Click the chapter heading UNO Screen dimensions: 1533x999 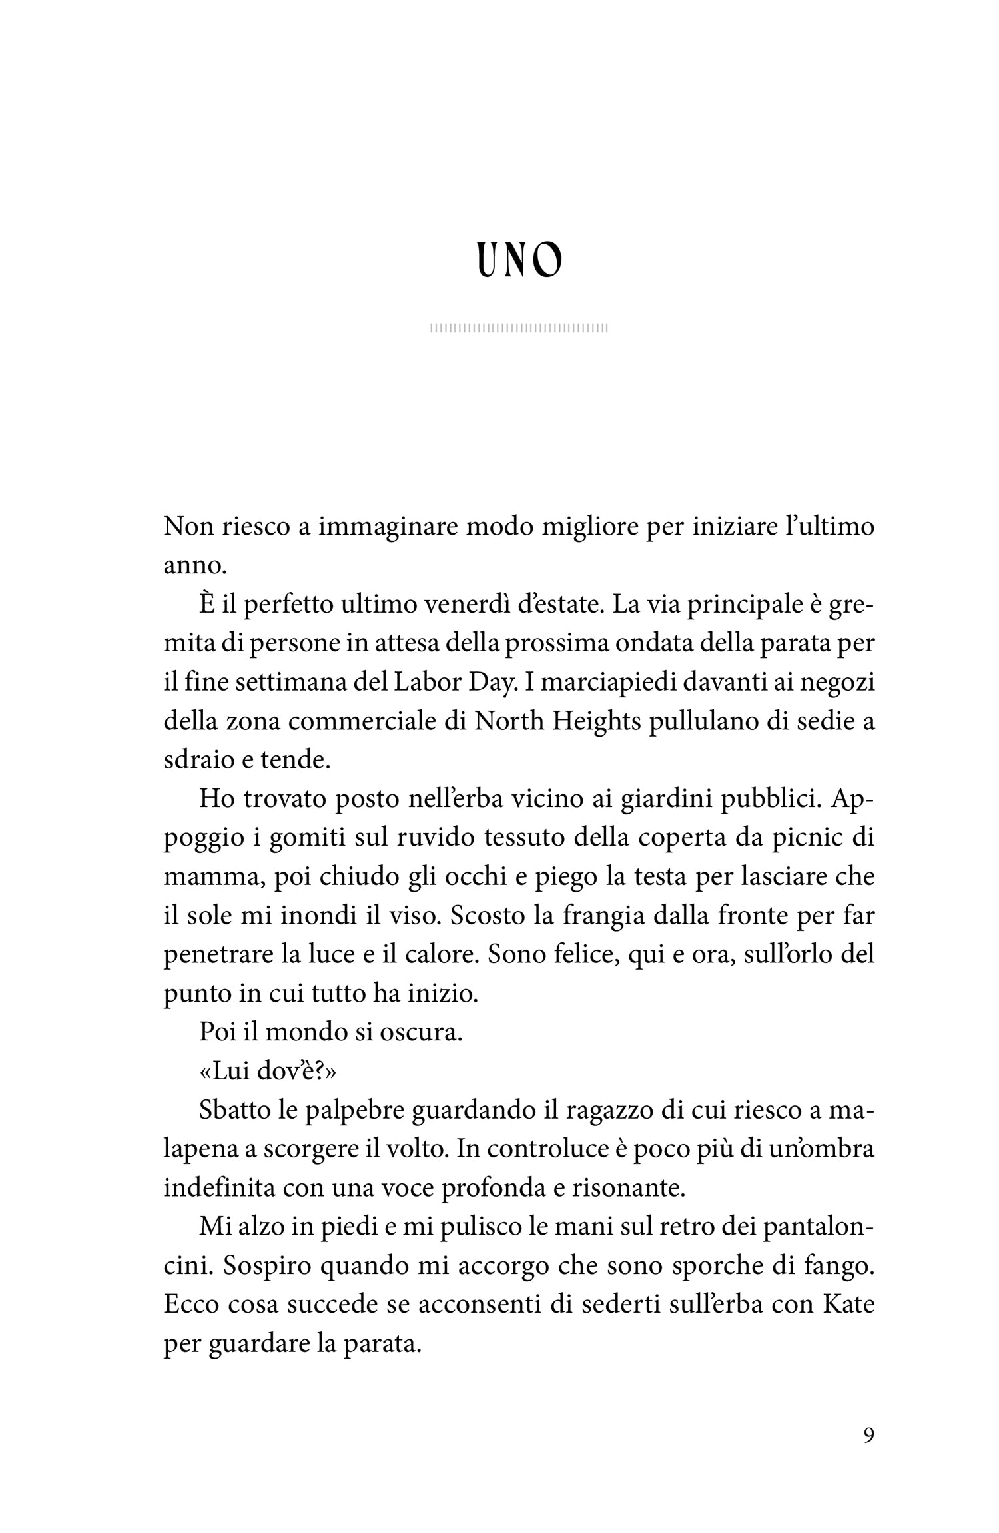(520, 260)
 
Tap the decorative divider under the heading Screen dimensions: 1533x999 (519, 328)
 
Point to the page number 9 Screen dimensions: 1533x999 (868, 1435)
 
